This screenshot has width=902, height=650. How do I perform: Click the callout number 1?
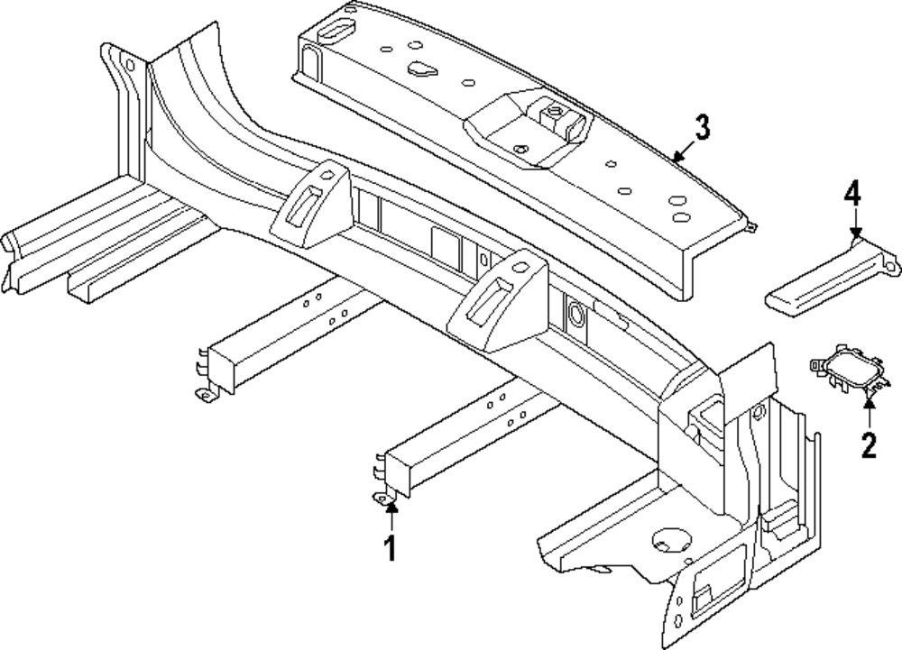tap(391, 548)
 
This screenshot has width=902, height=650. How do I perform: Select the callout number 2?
tap(868, 444)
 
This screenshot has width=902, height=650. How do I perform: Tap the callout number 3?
tap(701, 128)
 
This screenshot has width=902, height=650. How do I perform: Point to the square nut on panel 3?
tap(550, 114)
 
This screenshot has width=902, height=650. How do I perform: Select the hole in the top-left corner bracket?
tap(129, 64)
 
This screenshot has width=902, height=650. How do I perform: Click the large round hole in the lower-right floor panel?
tap(668, 539)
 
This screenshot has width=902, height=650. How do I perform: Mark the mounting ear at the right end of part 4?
tap(893, 264)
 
